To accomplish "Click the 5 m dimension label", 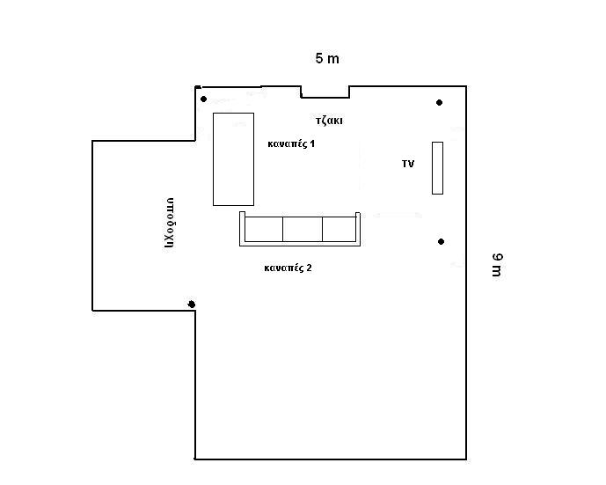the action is coord(327,58).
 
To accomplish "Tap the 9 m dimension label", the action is coord(498,265).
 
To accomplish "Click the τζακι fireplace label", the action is coord(329,121).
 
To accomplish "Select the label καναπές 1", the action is coord(291,143).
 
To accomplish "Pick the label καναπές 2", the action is coord(288,268).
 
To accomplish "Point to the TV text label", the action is coord(408,164).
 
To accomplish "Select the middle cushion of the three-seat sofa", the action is coord(303,230).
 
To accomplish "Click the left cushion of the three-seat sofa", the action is coord(264,230).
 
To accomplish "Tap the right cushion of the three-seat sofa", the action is coord(339,230).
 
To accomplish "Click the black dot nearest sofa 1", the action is coord(204,99).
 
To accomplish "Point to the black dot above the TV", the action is coord(439,102).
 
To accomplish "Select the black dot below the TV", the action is coord(441,242).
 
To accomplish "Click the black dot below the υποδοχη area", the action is coord(192,305).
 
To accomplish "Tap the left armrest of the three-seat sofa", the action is coord(242,228).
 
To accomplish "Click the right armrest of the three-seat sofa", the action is coord(358,229).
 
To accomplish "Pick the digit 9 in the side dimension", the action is coord(498,258).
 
